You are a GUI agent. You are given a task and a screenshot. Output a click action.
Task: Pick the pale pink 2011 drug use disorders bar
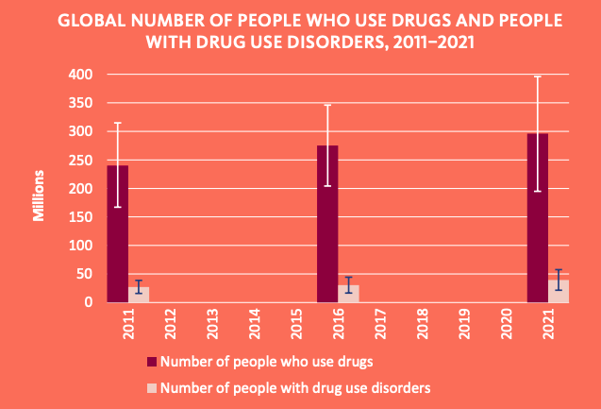click(139, 296)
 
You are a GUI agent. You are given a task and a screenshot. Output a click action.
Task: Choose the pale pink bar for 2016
click(349, 295)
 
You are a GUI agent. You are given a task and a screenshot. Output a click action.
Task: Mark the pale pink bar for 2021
click(559, 292)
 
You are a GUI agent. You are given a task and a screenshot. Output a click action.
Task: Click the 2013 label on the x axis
click(212, 323)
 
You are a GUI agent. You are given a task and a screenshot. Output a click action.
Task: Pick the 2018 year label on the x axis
click(423, 323)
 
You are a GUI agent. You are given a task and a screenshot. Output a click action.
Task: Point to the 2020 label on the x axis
click(507, 323)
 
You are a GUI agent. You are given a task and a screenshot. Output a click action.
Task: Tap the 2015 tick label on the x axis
click(296, 323)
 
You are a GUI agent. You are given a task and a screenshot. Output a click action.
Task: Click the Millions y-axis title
click(40, 196)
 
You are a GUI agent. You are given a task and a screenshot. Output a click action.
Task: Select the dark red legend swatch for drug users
click(151, 362)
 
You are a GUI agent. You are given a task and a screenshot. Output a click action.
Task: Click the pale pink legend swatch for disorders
click(151, 387)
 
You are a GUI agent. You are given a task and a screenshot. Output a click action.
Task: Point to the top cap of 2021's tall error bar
click(538, 77)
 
